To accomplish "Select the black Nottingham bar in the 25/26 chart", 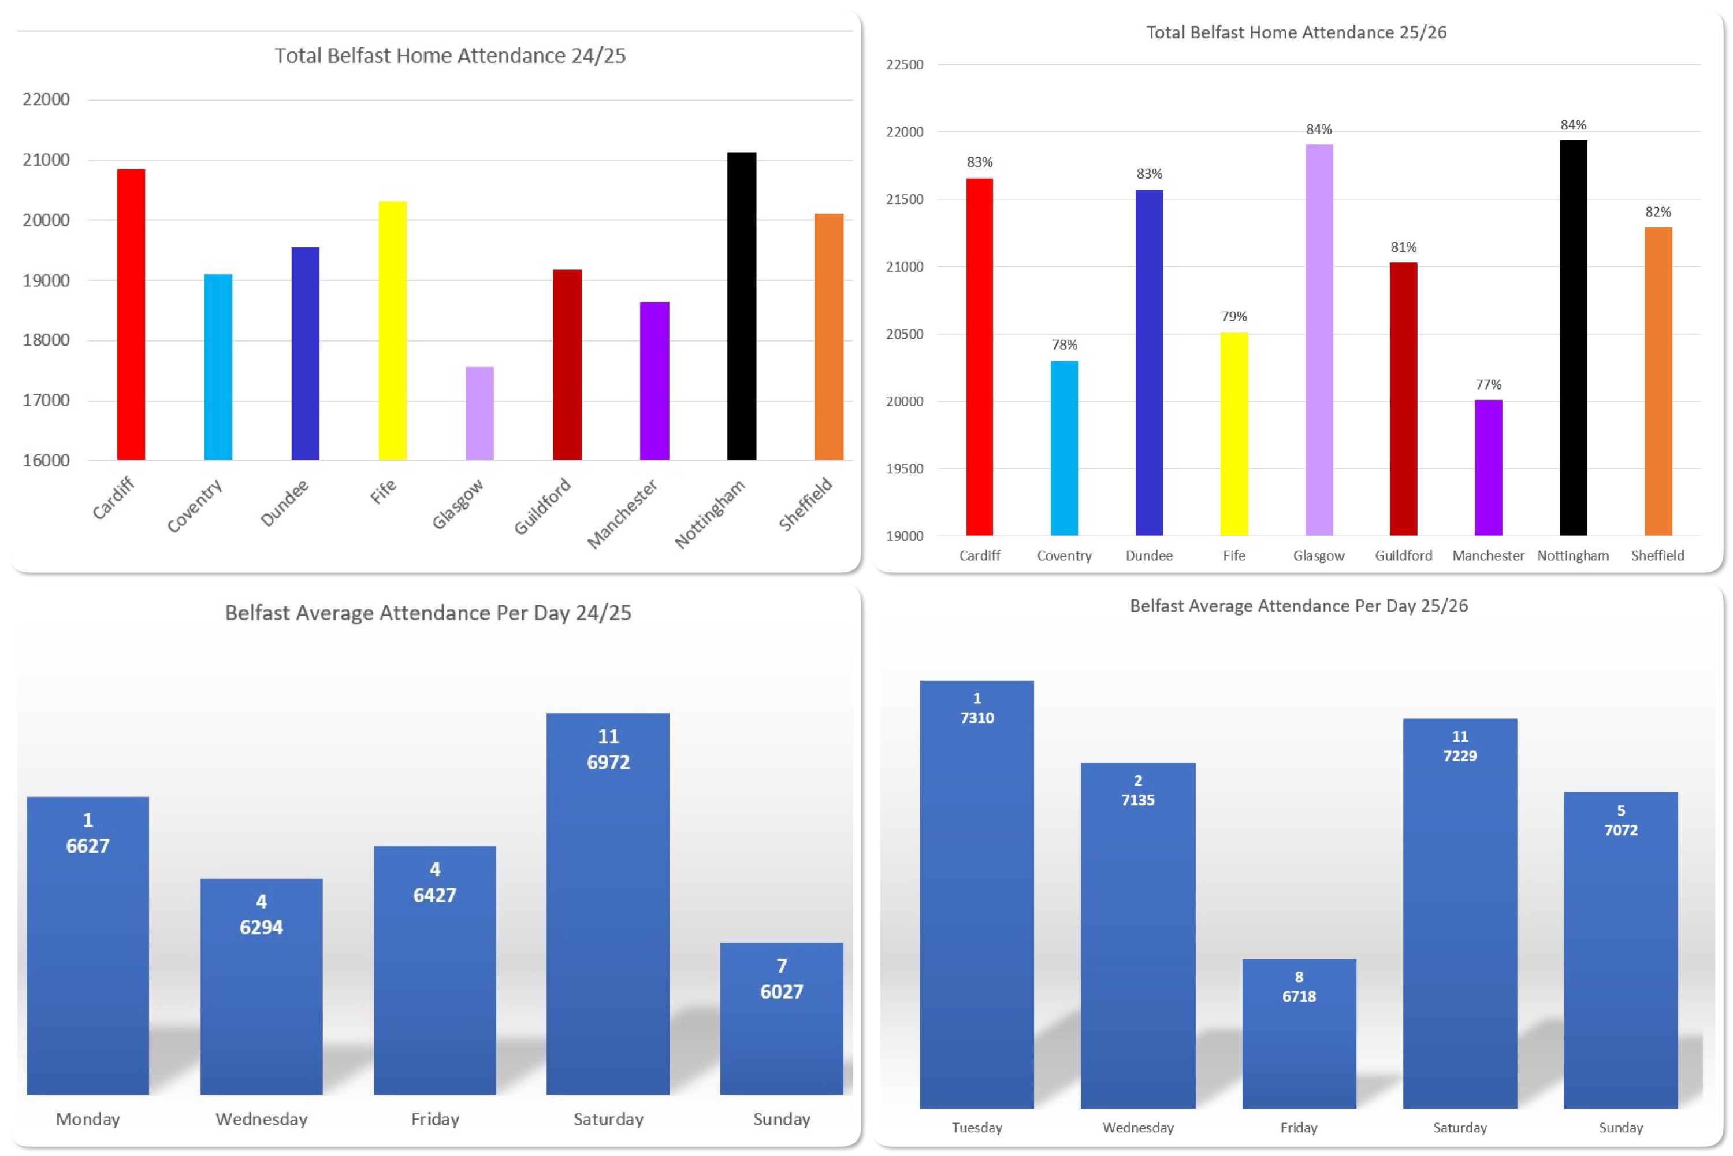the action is point(1573,338).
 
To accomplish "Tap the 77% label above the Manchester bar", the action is point(1489,385).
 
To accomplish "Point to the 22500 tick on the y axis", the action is point(904,65).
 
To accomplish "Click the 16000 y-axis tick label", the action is point(46,460).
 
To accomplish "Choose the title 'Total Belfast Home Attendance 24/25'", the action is point(450,56).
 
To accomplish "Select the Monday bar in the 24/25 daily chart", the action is point(88,945).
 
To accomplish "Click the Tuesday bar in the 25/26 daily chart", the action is point(977,894).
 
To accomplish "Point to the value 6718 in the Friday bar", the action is point(1299,996).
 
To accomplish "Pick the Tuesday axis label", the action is point(977,1127).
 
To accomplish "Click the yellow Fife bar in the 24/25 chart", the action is point(393,330).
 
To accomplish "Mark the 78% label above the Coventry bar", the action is point(1064,345).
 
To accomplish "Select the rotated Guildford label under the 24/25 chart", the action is point(542,506).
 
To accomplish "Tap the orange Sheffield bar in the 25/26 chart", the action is point(1658,381).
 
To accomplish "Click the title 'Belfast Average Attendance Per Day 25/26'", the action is point(1299,606).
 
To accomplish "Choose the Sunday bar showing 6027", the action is point(781,1019).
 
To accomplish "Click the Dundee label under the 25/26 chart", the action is point(1149,556).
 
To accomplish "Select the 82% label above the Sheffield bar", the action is point(1658,212).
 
